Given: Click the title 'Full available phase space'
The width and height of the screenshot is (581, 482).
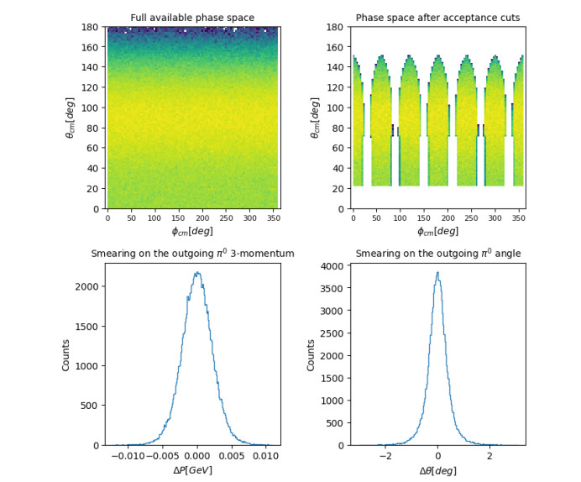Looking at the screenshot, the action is coord(192,18).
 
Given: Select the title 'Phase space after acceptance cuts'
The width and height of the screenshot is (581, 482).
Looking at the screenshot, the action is coord(437,18).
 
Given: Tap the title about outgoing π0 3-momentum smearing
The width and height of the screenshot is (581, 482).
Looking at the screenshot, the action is coord(192,253).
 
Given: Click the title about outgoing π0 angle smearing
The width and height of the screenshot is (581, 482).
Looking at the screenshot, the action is coord(438,253).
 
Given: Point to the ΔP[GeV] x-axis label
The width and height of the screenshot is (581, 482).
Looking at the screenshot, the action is coord(192,470).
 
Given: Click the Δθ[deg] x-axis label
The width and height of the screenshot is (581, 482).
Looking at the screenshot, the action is coord(438,470).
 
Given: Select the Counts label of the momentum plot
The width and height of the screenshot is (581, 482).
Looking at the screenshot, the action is coord(65,355).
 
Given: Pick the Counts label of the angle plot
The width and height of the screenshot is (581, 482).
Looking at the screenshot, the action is coord(311,355).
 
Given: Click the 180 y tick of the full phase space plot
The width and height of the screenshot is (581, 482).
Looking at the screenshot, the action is coord(90,27).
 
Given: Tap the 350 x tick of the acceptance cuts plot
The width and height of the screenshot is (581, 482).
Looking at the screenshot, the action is coord(519,218).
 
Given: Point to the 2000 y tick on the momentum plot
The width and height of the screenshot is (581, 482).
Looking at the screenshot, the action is coord(87,286).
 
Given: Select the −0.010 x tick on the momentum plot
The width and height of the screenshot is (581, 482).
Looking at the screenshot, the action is coord(128,456).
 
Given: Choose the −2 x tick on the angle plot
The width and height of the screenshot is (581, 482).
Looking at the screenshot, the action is coord(385,456).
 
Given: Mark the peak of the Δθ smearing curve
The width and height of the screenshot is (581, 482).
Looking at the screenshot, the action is coord(438,272).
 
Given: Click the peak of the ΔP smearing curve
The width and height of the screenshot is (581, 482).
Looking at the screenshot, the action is coord(198,272).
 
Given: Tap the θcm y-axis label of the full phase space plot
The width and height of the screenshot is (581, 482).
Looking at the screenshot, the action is coord(70,118).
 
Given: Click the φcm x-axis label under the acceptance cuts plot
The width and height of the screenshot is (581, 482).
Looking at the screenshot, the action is coord(438,231).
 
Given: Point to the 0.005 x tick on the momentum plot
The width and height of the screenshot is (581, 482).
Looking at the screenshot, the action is coord(232,456).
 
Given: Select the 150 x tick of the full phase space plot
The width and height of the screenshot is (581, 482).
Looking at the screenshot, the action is coord(178,218).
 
